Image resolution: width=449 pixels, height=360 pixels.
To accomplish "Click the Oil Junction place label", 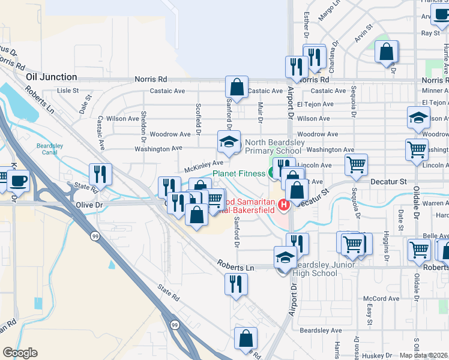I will tap(52, 77).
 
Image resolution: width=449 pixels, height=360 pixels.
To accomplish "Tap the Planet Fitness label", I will tap(238, 174).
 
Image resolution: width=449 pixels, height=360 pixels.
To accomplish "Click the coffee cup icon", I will tap(17, 182).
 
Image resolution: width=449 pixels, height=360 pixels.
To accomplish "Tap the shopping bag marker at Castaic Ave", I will tap(237, 87).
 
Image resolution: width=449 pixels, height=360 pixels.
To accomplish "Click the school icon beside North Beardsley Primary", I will tap(228, 142).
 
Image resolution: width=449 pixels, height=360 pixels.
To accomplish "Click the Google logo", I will tap(20, 353).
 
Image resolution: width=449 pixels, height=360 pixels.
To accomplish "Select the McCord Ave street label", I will tap(385, 299).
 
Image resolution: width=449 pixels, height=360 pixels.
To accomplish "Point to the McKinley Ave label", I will tap(203, 163).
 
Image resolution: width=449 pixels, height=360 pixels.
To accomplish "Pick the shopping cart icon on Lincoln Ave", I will tap(356, 165).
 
